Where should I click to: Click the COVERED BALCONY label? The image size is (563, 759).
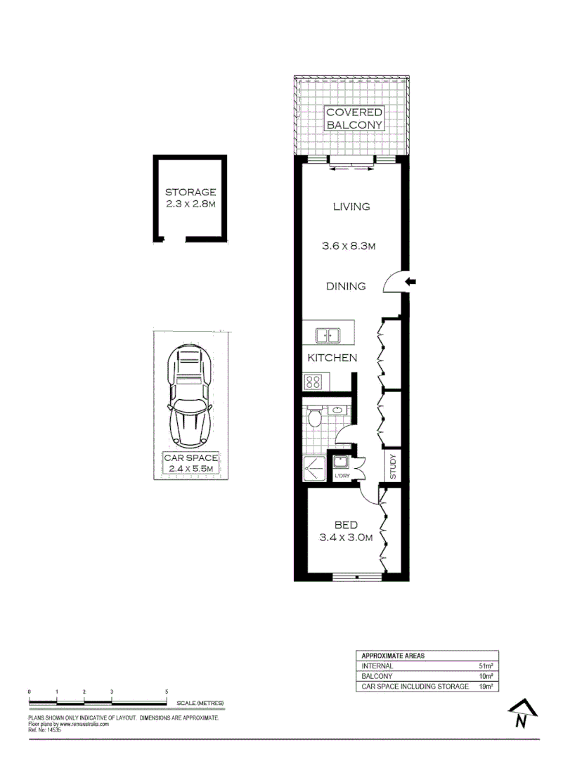[x=354, y=118]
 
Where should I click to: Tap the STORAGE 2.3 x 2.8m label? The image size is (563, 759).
[x=190, y=198]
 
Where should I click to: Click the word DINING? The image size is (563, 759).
[x=345, y=286]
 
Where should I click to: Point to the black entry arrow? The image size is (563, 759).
[x=411, y=282]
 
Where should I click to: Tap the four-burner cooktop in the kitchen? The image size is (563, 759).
[x=313, y=382]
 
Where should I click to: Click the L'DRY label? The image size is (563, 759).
[x=343, y=476]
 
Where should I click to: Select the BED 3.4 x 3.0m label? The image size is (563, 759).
[x=346, y=531]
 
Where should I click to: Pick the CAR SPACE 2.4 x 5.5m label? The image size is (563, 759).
[x=190, y=463]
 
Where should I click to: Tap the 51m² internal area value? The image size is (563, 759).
[x=486, y=666]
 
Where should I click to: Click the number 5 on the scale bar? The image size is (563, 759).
[x=167, y=692]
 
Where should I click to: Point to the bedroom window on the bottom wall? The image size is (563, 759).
[x=357, y=578]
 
